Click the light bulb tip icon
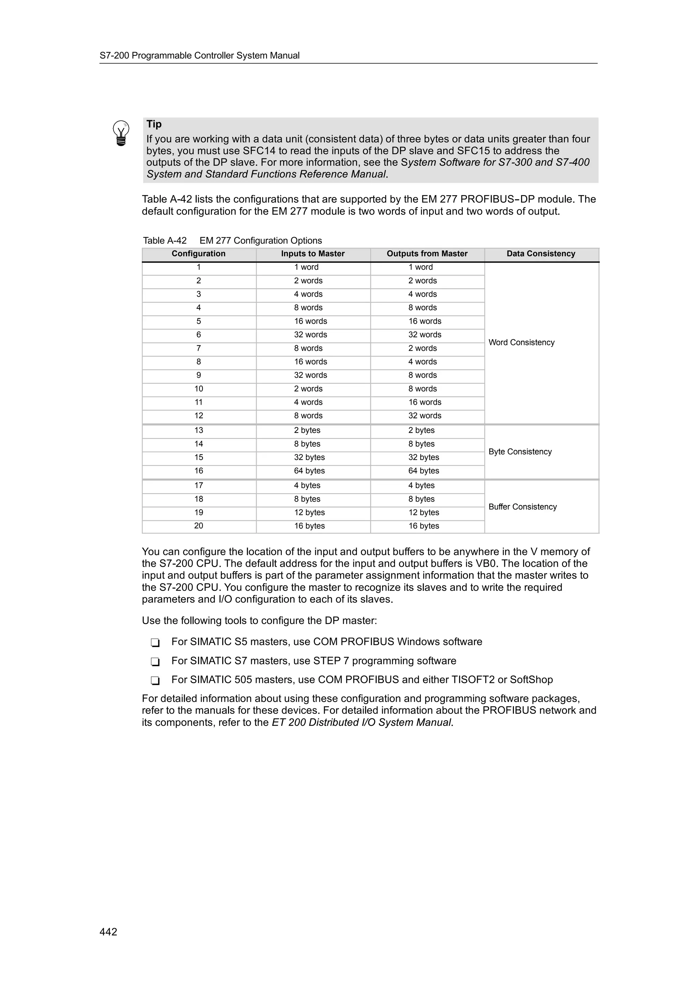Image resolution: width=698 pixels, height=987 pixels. click(121, 133)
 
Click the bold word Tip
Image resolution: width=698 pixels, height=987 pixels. click(154, 124)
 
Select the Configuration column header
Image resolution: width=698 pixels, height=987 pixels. click(198, 254)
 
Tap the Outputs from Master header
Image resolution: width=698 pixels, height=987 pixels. click(427, 254)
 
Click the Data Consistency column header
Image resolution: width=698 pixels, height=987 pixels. click(541, 254)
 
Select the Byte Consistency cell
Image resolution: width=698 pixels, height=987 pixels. click(520, 452)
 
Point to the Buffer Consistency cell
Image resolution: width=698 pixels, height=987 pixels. click(522, 507)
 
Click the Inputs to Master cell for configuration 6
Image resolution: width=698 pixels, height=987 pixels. click(310, 335)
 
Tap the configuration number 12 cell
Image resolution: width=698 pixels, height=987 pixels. click(198, 416)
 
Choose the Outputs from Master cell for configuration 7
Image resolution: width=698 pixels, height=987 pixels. click(422, 348)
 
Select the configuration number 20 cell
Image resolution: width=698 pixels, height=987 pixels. click(198, 526)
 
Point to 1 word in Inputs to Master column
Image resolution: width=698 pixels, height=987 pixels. click(306, 267)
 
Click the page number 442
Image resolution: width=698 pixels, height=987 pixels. click(108, 931)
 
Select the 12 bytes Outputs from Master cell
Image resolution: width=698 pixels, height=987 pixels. click(424, 513)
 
